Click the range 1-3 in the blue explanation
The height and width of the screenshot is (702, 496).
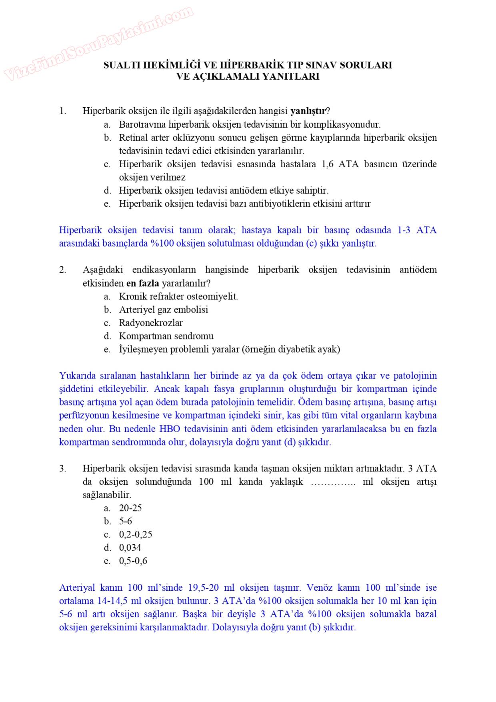tap(404, 230)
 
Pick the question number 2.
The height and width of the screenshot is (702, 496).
tap(63, 270)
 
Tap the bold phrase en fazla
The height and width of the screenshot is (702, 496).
tap(143, 283)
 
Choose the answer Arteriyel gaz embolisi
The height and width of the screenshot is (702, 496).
tap(163, 310)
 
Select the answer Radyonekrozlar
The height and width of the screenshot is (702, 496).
tap(151, 323)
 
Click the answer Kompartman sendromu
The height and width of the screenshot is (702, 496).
tap(166, 336)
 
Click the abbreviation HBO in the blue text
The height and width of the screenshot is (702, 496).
tap(170, 429)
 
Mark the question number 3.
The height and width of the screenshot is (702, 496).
tap(63, 469)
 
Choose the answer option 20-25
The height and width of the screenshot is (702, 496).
tap(130, 508)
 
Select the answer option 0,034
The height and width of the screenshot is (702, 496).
tap(130, 548)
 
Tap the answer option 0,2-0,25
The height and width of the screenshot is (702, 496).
tap(136, 535)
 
